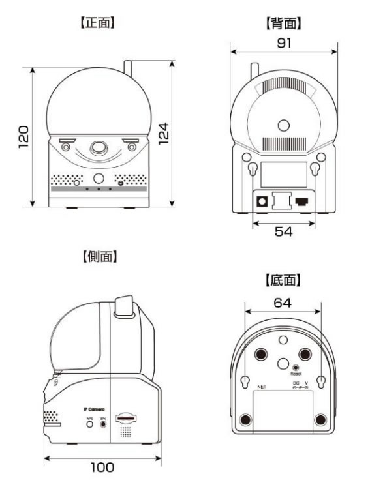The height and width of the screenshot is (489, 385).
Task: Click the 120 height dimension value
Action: (x=22, y=136)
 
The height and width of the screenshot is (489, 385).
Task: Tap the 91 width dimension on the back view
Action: (x=283, y=43)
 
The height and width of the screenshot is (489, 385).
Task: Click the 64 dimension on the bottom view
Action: (x=283, y=303)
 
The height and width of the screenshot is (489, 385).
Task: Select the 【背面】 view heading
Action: (x=283, y=23)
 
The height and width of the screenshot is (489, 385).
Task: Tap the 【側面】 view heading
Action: (x=98, y=257)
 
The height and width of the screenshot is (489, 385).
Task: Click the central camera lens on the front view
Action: (x=99, y=148)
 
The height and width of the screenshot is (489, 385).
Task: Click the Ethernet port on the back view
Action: (x=301, y=201)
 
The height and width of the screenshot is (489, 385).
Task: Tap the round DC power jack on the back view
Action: (x=262, y=201)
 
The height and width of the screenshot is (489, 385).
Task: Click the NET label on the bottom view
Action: (x=262, y=387)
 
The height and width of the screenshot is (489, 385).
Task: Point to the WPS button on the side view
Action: (x=89, y=423)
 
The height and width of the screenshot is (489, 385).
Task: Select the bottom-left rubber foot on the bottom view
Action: (x=246, y=419)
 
